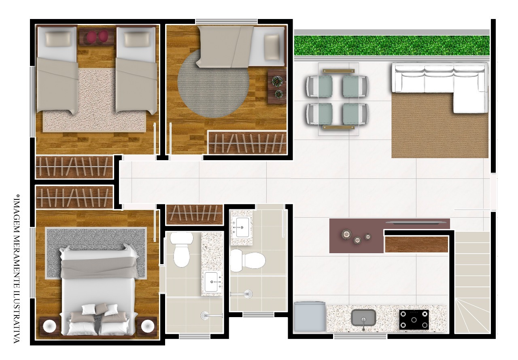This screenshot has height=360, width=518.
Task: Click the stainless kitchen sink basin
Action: (x=363, y=318)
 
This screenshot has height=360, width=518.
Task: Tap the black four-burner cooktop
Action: (x=414, y=320)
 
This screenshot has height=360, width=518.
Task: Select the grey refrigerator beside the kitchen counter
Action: (x=310, y=316)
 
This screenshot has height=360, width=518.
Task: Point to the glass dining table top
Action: (x=338, y=99)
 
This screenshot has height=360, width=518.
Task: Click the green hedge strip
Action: (x=392, y=46)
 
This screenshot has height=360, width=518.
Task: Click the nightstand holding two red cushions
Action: (x=97, y=36)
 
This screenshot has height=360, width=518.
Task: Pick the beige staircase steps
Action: (x=472, y=282)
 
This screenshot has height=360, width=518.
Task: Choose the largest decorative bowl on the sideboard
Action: (x=346, y=235)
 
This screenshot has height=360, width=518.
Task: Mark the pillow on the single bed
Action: (x=272, y=47)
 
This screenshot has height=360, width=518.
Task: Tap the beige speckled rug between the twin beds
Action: (x=95, y=100)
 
